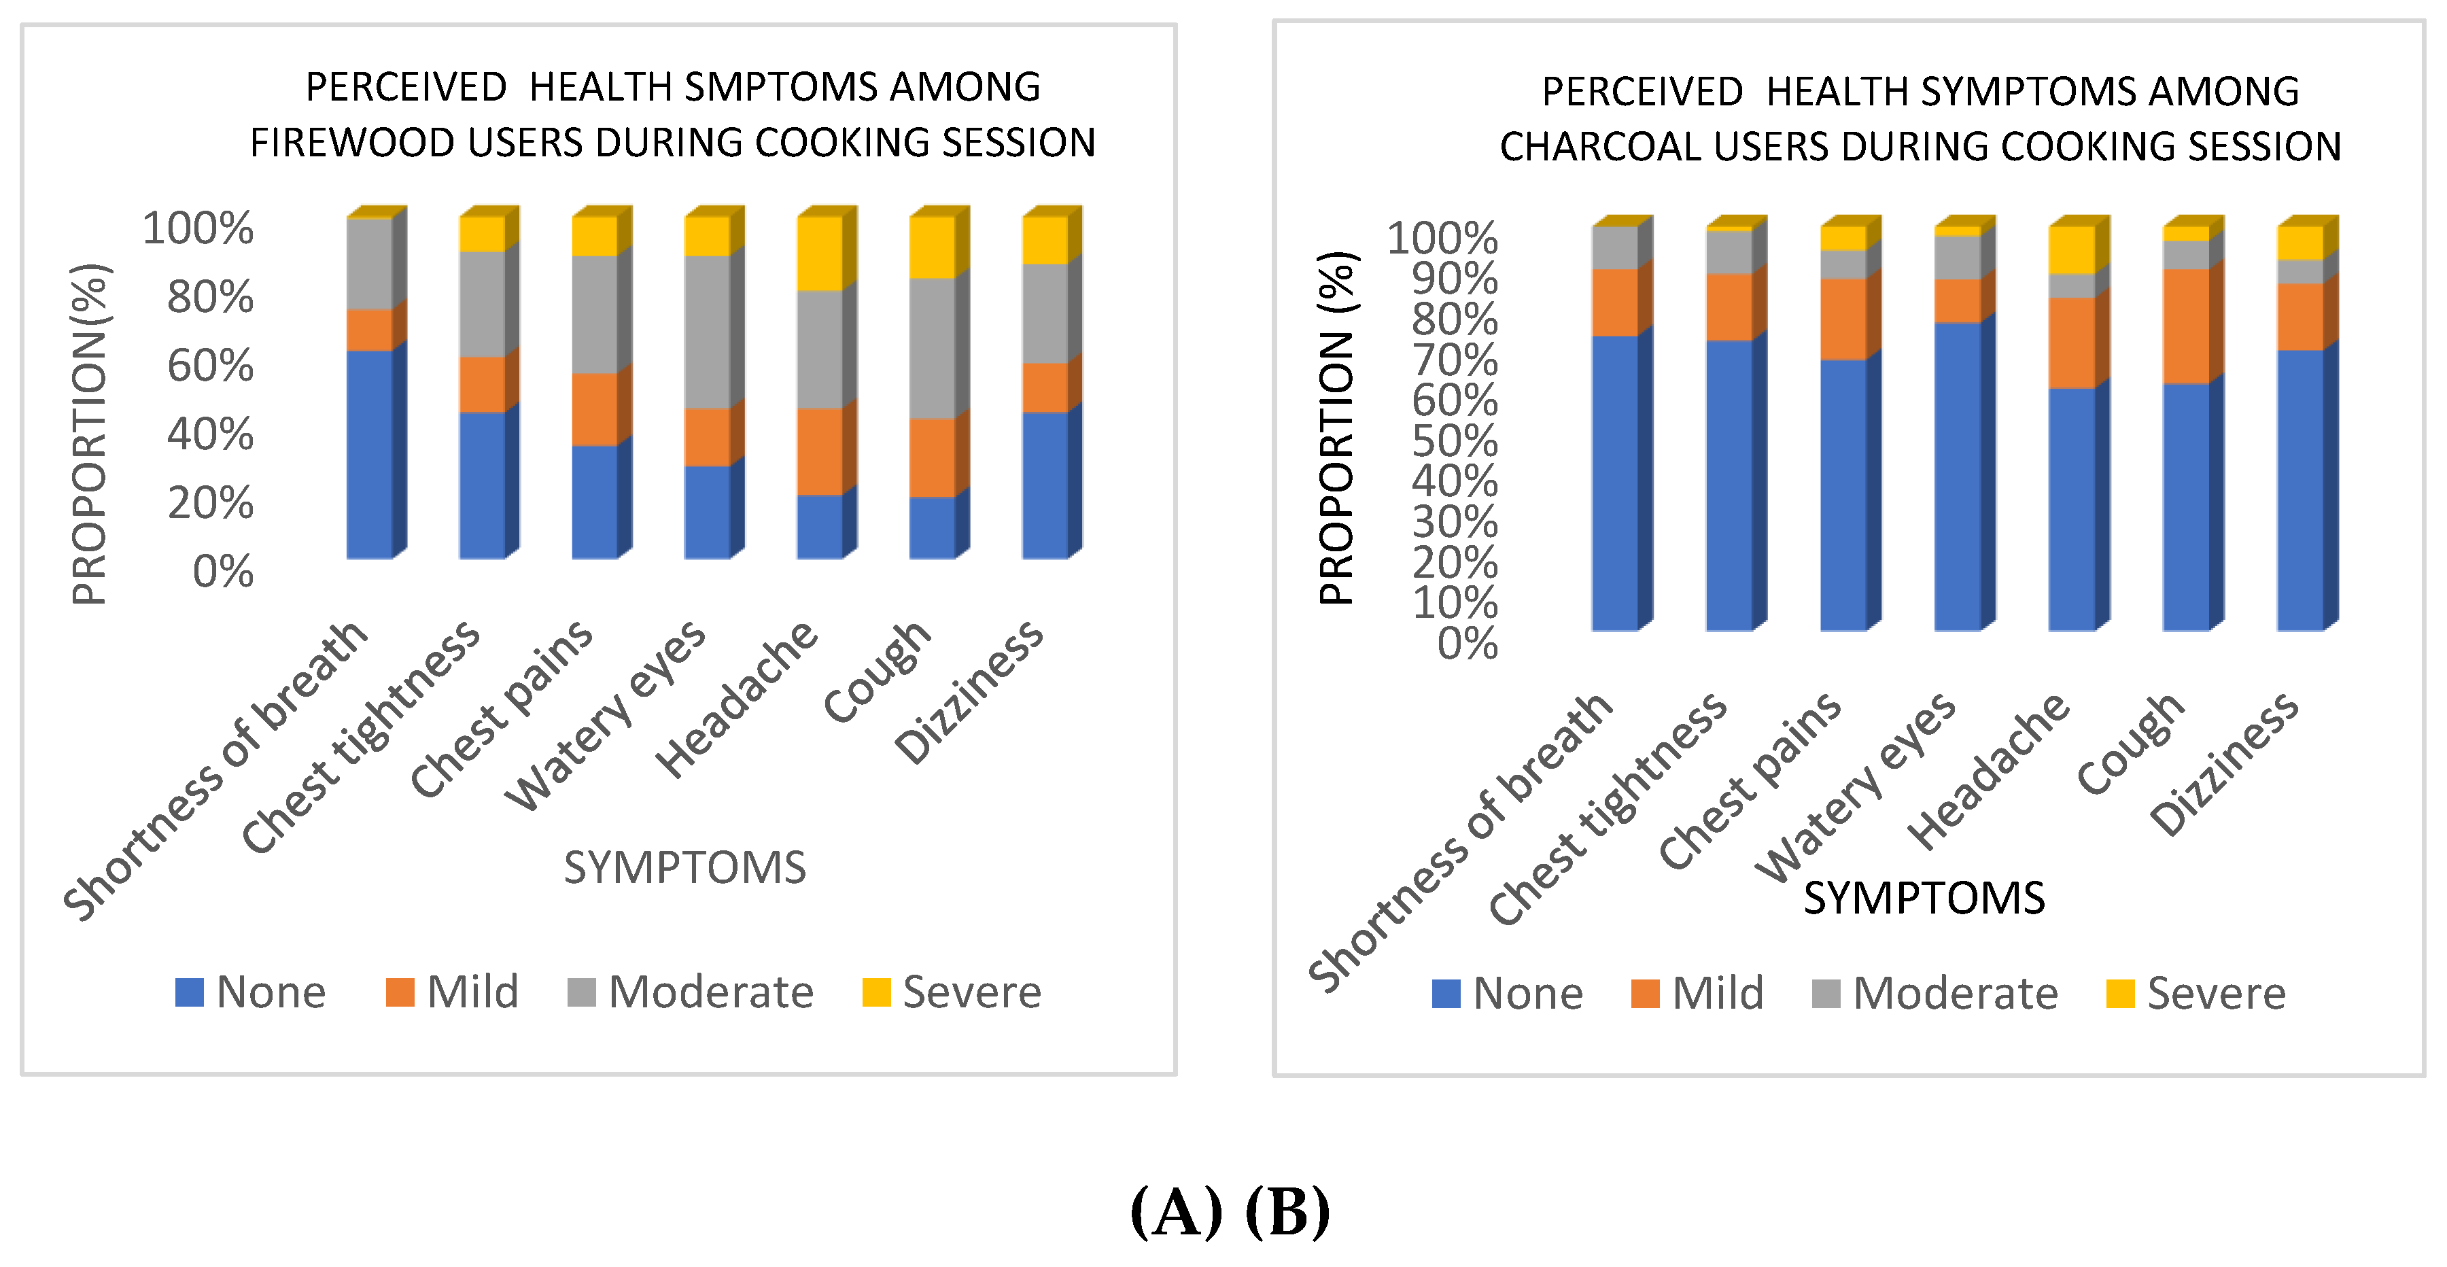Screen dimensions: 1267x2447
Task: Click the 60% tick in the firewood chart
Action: [210, 366]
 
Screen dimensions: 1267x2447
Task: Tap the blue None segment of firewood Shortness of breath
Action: [370, 454]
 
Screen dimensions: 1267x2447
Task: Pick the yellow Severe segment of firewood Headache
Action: [820, 253]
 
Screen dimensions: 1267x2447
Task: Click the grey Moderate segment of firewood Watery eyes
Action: [708, 332]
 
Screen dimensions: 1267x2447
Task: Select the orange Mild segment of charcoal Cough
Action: [2186, 326]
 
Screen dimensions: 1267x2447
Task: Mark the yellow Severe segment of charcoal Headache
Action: [2072, 249]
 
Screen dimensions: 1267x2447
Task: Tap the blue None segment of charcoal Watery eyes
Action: [1958, 476]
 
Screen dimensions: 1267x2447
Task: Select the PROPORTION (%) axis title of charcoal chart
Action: [1338, 428]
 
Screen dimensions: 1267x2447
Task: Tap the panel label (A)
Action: [1175, 1211]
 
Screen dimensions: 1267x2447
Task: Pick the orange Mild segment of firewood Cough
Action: [932, 457]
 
